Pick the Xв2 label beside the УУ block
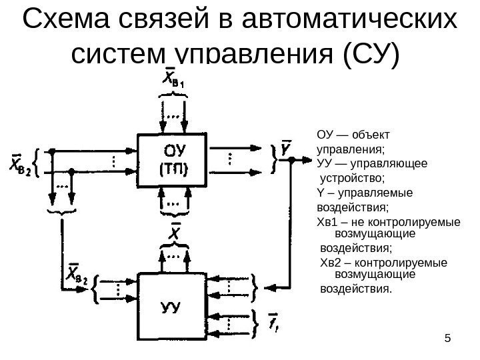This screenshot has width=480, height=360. click(x=76, y=275)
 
